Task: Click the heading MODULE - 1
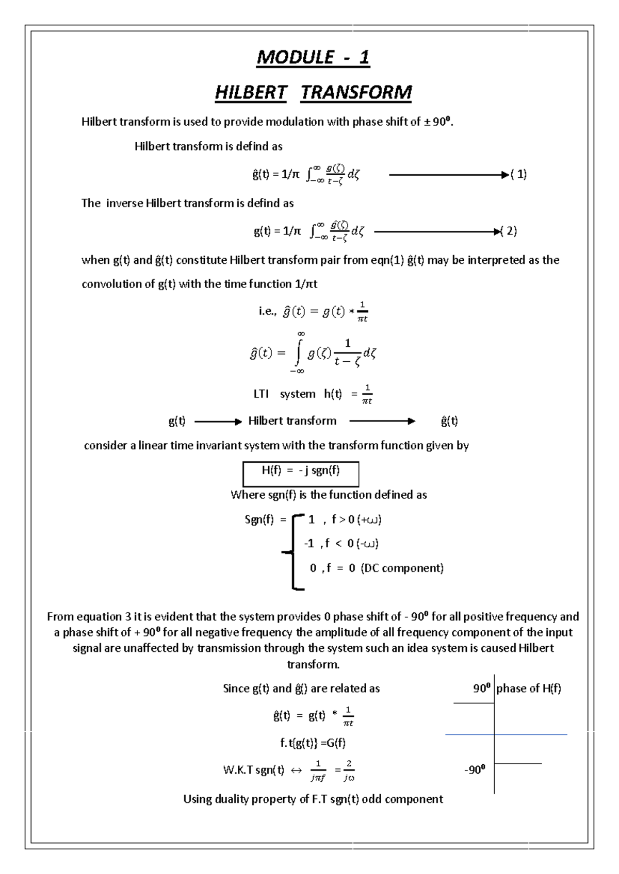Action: pos(313,57)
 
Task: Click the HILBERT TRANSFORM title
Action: pos(313,93)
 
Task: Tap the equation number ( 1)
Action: pos(518,174)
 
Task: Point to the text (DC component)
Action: pos(402,568)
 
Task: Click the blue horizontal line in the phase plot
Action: pos(506,734)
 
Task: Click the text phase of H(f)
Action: pos(529,688)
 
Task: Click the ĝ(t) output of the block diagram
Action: pos(449,421)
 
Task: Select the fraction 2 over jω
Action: pos(349,770)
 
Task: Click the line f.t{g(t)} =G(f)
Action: pos(313,743)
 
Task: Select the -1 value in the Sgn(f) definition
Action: pos(308,543)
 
